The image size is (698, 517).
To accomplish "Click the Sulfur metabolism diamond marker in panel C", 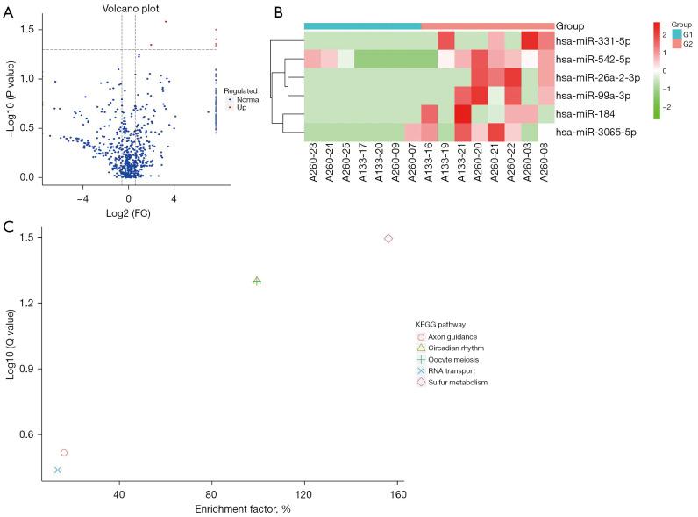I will [388, 239].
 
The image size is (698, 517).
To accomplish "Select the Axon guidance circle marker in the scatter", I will [64, 453].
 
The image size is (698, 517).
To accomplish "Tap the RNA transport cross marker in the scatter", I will [58, 470].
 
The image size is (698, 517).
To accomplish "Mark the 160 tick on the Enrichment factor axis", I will [398, 493].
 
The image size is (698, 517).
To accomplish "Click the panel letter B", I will [278, 11].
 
